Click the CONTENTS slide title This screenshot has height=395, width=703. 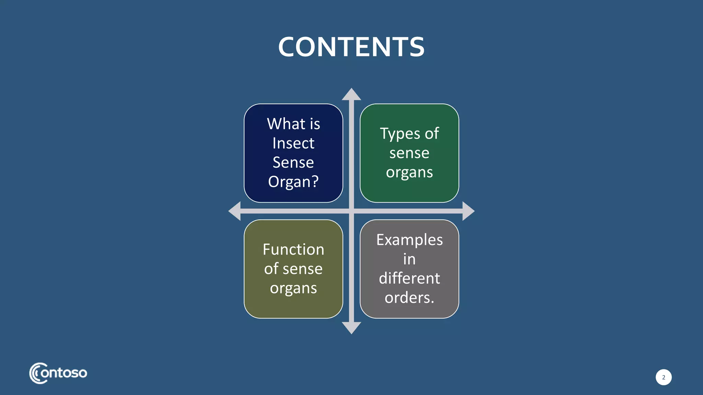click(x=351, y=47)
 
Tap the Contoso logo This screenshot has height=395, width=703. click(x=58, y=373)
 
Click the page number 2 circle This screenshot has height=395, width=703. click(x=663, y=377)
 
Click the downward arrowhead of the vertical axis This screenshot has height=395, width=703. click(x=351, y=327)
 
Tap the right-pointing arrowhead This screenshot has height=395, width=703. click(x=468, y=211)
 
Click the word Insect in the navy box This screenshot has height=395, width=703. click(x=293, y=143)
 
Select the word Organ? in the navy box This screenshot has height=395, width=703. click(x=293, y=182)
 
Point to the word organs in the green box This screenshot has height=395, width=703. click(x=409, y=172)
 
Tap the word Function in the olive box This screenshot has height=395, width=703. click(x=293, y=250)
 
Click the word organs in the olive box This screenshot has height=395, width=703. click(x=293, y=288)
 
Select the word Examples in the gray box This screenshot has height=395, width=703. click(x=409, y=240)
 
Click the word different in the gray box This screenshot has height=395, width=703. click(x=409, y=278)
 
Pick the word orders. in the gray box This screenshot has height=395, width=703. click(x=409, y=298)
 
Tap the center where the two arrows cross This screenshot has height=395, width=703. click(x=351, y=211)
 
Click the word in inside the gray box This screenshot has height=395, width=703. click(x=409, y=259)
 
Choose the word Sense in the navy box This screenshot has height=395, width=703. click(x=293, y=163)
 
